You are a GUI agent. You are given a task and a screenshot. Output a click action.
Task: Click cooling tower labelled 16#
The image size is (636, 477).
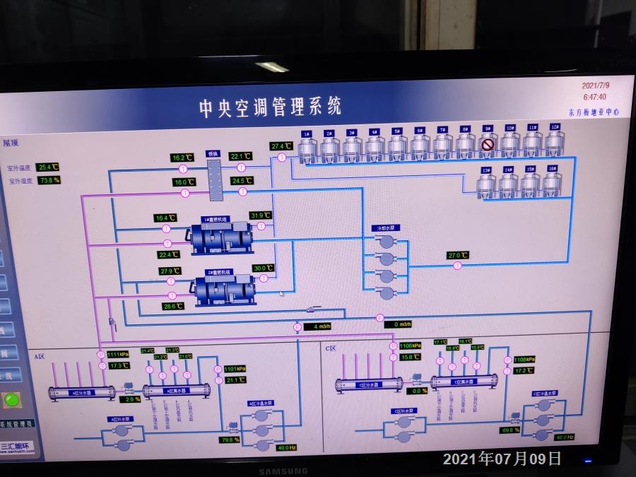point(552,184)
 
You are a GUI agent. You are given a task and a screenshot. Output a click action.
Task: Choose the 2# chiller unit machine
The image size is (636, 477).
point(225,288)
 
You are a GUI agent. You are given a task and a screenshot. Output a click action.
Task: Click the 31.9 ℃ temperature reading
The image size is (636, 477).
point(261,216)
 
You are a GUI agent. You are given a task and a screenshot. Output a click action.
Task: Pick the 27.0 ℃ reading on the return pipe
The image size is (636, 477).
point(458,255)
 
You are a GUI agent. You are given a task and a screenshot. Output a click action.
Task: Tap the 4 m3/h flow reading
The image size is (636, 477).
point(317,326)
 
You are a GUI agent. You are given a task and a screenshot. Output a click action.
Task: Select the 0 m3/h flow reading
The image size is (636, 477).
point(400,324)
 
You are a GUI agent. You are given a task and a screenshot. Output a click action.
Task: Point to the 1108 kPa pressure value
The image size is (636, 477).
point(524,359)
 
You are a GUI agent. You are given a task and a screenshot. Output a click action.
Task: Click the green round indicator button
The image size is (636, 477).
point(11,400)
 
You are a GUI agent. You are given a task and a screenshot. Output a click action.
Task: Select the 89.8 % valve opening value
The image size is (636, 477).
point(510,430)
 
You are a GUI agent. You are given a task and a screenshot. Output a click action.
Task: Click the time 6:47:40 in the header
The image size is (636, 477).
point(594,97)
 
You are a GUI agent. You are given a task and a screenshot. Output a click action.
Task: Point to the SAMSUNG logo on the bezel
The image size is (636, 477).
point(282,471)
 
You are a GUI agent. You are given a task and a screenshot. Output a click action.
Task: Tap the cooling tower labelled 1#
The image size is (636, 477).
point(307,147)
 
